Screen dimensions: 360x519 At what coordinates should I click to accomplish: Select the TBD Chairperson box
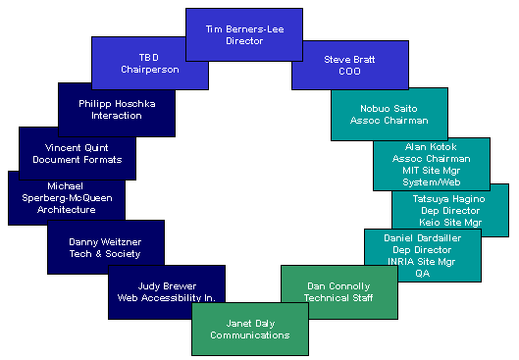(x=148, y=63)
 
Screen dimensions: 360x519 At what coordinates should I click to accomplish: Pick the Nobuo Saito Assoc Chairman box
(x=389, y=114)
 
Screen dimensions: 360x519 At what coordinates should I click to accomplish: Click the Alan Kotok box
(x=431, y=164)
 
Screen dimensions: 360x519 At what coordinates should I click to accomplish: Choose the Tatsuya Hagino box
(x=450, y=210)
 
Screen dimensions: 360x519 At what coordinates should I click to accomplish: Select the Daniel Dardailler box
(x=422, y=255)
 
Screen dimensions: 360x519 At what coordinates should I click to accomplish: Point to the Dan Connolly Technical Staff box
(x=338, y=290)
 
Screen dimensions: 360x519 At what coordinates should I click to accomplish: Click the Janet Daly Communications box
(x=250, y=329)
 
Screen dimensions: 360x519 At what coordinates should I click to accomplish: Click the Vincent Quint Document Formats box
(x=77, y=153)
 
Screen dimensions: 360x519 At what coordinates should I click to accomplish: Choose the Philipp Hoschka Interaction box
(x=117, y=108)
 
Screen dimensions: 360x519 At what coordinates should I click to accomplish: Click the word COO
(x=350, y=72)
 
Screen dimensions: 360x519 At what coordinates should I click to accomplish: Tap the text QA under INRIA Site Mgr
(x=422, y=274)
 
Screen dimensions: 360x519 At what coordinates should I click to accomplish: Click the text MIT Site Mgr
(x=431, y=170)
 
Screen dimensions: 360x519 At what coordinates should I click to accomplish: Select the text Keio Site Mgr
(x=450, y=222)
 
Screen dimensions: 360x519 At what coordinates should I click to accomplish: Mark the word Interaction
(x=117, y=115)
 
